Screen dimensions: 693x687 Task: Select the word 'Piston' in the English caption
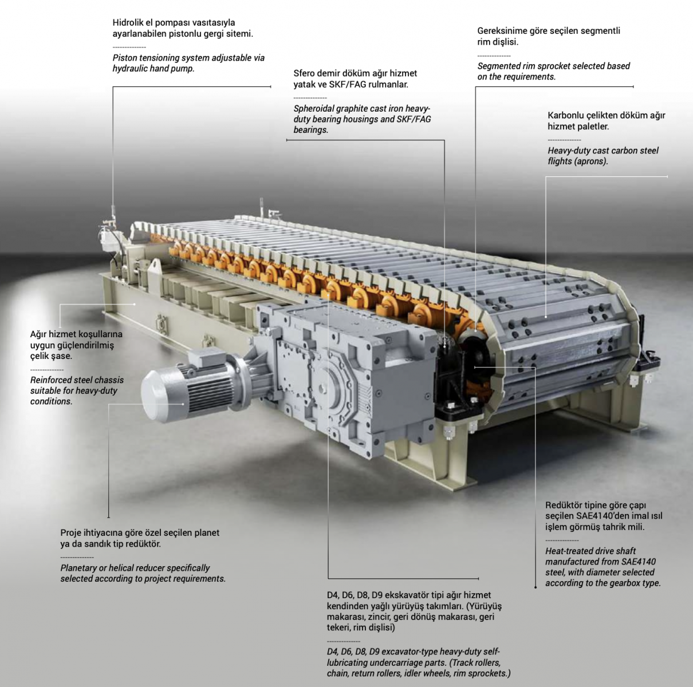pos(125,58)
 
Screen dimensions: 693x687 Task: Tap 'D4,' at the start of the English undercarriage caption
pos(333,652)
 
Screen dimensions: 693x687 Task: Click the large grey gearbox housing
pos(345,374)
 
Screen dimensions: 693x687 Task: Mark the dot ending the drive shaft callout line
pos(535,587)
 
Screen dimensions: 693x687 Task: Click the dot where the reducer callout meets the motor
pos(183,404)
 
